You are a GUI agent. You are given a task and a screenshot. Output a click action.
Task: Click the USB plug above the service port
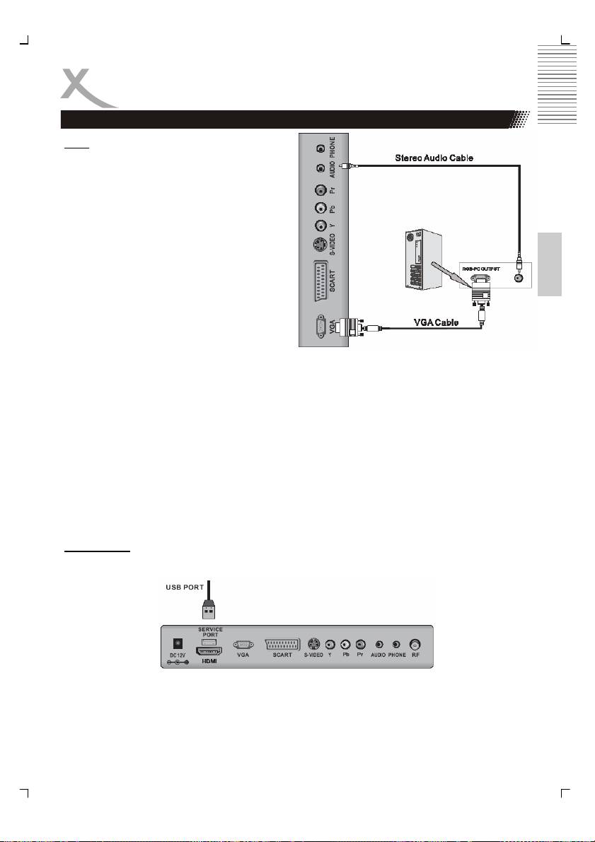pyautogui.click(x=209, y=609)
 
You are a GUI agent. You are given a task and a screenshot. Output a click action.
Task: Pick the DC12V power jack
pyautogui.click(x=178, y=645)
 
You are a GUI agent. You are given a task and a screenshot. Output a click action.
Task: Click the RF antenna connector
pyautogui.click(x=417, y=644)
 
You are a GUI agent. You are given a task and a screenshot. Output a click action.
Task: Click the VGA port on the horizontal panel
pyautogui.click(x=243, y=644)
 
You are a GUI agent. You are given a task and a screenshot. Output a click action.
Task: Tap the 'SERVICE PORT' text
pyautogui.click(x=210, y=629)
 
